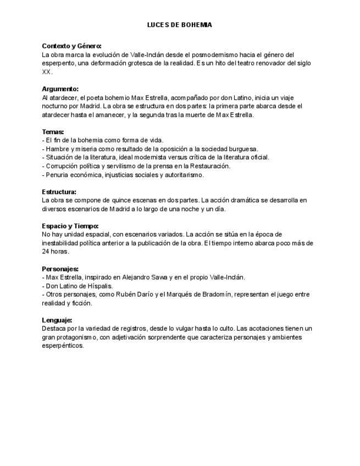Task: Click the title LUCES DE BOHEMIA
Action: coord(180,25)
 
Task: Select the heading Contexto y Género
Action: coord(71,46)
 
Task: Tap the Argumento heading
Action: coord(60,89)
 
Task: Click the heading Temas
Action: coord(53,132)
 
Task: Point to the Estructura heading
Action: coord(59,192)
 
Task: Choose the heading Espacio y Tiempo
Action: coord(70,226)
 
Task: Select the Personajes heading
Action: coord(60,269)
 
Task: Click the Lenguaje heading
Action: coord(57,320)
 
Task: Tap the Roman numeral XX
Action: coord(47,72)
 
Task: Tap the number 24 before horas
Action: coord(46,252)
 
